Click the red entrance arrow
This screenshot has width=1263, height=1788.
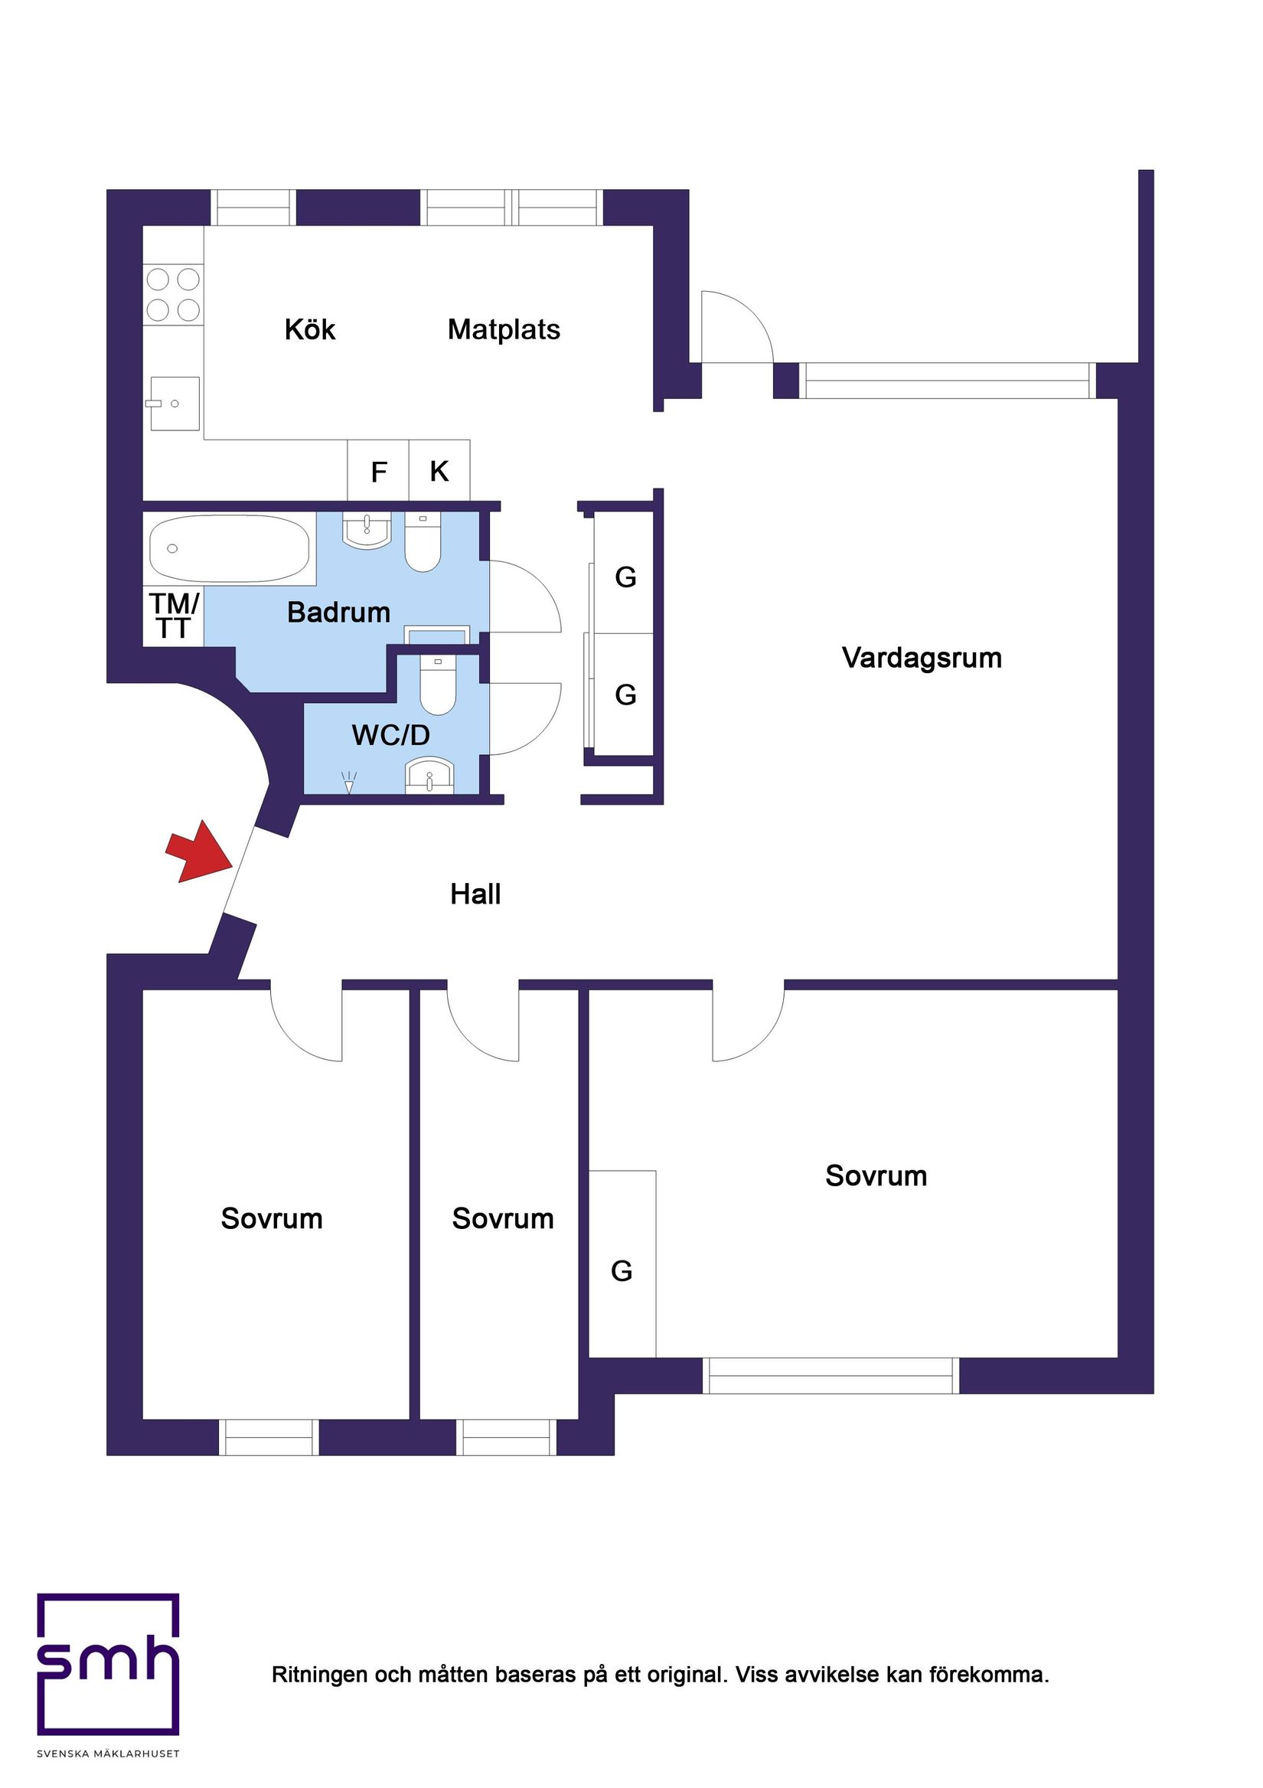200,854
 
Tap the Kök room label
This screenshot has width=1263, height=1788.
309,330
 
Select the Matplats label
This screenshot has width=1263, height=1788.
504,330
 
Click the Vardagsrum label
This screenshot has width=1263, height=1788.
921,659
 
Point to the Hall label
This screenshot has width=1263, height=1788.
475,894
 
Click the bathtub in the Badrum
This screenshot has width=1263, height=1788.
229,548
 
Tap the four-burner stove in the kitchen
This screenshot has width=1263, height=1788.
173,294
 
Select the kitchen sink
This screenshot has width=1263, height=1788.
175,404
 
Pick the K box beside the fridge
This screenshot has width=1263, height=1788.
439,471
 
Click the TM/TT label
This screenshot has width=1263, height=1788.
174,616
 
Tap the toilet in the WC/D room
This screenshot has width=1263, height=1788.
438,685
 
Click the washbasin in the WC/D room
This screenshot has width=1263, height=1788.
429,775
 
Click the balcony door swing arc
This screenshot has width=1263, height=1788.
739,323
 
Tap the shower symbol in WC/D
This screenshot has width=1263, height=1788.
349,782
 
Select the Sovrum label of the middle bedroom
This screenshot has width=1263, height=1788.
502,1219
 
